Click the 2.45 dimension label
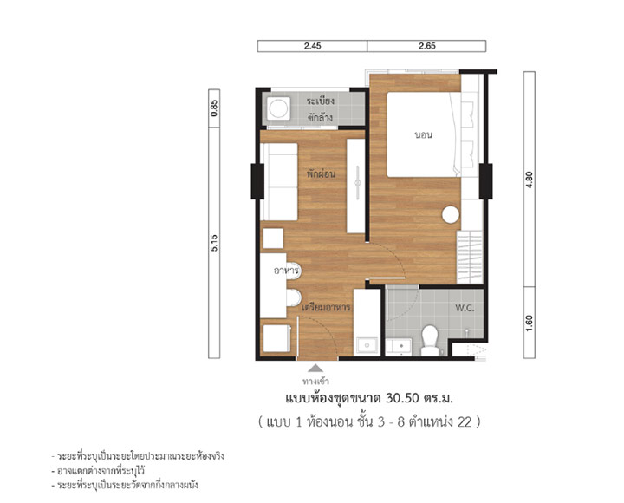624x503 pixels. point(312,46)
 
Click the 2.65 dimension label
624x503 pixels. point(427,46)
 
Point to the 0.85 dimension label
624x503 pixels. point(214,108)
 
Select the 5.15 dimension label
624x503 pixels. point(214,243)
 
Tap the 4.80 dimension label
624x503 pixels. point(530,180)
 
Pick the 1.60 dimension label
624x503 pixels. point(530,323)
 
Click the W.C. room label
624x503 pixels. point(465,308)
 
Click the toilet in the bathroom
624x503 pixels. point(430,341)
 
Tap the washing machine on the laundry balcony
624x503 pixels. point(278,108)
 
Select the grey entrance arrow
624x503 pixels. point(315,368)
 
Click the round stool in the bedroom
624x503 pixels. point(451,214)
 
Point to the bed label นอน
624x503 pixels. point(424,135)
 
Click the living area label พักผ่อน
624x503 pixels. point(321,174)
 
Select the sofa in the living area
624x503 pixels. point(279,181)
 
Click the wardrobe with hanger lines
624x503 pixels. point(470,258)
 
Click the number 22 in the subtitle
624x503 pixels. point(464,421)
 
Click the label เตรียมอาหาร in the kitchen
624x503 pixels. point(326,308)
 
